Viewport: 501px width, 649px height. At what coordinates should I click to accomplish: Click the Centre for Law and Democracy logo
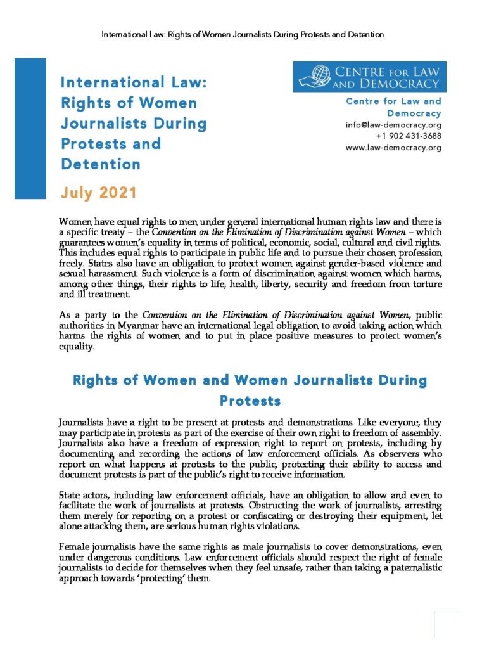tap(369, 77)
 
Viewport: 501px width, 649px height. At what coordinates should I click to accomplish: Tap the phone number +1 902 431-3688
tap(409, 136)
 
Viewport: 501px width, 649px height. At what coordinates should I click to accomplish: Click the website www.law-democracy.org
tap(393, 148)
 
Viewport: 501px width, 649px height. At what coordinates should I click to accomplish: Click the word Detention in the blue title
tap(101, 164)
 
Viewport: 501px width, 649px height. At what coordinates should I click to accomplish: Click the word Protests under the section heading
tap(250, 401)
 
